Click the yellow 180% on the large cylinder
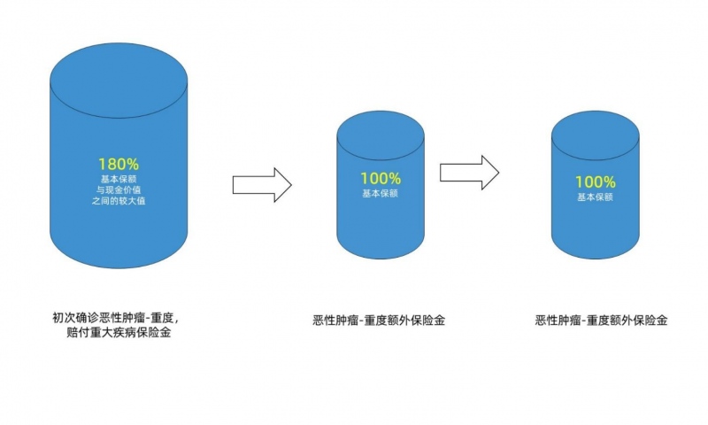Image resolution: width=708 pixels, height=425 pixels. point(119,164)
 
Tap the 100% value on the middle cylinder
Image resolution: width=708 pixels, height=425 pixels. point(381,178)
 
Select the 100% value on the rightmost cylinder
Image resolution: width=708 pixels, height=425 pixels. point(595,182)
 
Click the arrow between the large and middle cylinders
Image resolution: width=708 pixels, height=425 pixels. point(262,184)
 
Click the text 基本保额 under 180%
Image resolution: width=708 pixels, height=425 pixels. point(119,180)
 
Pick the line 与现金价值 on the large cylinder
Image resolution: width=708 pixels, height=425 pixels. point(119,192)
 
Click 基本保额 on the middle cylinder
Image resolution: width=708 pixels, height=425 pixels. point(381,194)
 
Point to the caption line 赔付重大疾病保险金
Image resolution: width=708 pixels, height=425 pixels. point(119,334)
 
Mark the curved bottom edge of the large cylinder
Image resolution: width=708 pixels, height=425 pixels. point(119,266)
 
